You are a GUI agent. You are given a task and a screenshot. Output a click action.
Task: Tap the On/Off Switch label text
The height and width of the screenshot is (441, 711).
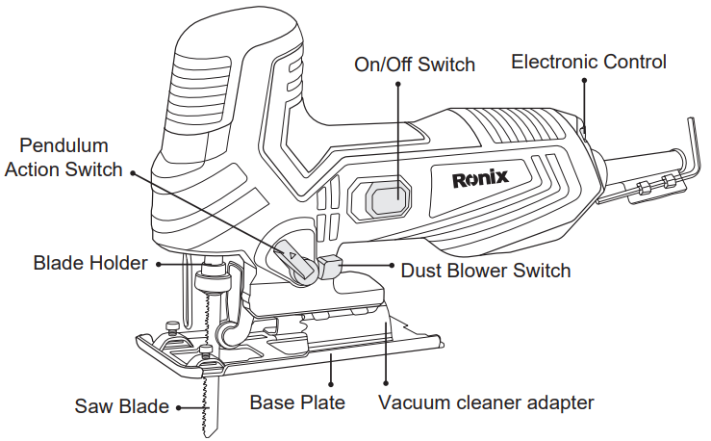click(x=415, y=65)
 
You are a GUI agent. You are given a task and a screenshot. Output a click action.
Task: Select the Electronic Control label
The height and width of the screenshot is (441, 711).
click(x=588, y=62)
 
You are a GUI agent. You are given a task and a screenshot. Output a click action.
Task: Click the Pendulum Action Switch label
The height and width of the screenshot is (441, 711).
click(x=64, y=158)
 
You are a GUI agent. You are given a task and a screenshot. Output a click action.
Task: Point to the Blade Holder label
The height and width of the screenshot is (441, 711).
click(x=90, y=263)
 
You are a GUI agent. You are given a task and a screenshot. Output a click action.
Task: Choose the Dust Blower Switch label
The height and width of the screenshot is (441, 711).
click(x=485, y=271)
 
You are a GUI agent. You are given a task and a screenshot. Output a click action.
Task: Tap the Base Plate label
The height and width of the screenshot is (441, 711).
click(x=297, y=402)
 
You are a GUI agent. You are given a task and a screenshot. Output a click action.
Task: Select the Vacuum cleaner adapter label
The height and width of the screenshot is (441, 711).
click(x=486, y=402)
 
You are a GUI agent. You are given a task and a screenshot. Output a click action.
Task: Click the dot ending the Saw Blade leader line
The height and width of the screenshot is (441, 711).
click(x=178, y=407)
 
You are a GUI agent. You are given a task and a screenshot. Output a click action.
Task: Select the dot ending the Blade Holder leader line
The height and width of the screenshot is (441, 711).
click(x=157, y=263)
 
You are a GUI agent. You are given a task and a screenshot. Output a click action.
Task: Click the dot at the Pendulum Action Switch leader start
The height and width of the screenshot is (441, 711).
click(x=132, y=173)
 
